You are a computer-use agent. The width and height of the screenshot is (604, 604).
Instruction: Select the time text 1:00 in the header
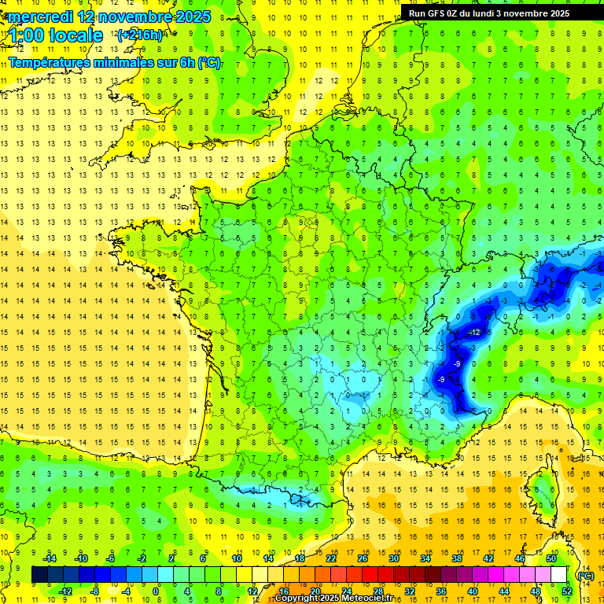coord(27,35)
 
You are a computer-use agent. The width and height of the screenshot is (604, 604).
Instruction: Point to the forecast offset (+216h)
coord(139,35)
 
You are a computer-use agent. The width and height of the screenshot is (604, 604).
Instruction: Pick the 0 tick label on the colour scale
coord(156,591)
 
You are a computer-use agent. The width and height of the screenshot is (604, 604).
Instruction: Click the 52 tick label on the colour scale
coord(567,591)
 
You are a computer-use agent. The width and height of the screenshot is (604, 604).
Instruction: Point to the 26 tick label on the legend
coord(363,558)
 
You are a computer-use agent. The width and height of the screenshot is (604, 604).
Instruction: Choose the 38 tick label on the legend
coord(456,558)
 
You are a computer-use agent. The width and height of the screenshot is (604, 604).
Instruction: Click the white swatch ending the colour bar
coord(559,575)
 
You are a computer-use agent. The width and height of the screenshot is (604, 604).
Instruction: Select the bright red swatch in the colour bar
coord(370,575)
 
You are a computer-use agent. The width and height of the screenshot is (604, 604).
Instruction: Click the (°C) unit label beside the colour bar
coord(585,575)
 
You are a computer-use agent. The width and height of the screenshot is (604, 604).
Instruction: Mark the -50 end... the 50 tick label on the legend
coord(551,558)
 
